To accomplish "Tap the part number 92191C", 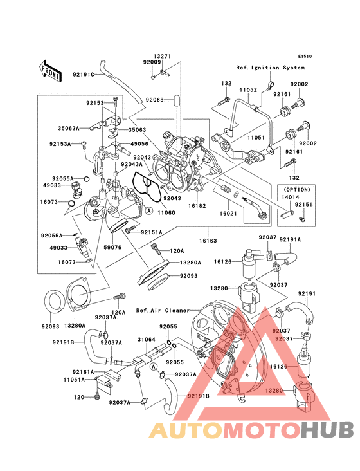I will (x=84, y=75).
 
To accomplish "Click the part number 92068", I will (x=154, y=100).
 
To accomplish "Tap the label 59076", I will (x=113, y=246).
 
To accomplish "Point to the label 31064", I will (x=146, y=340).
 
